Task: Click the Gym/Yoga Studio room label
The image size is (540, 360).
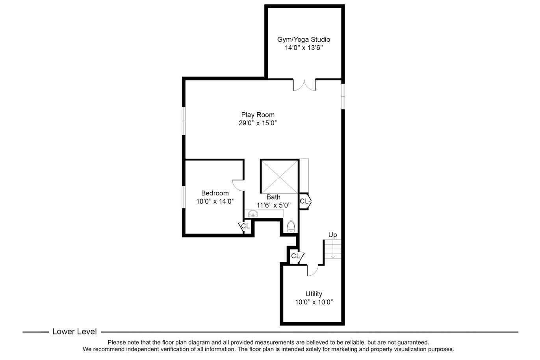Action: (304, 40)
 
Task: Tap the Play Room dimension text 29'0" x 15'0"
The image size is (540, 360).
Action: (258, 123)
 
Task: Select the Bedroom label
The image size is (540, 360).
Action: (215, 193)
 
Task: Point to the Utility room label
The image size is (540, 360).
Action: (314, 294)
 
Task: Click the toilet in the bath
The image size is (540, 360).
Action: (291, 226)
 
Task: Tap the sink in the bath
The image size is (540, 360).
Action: (253, 213)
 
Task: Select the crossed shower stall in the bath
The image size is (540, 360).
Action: (279, 177)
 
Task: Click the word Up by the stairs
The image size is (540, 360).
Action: (332, 235)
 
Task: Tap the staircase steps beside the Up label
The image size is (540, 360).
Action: (333, 249)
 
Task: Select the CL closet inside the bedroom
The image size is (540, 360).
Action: (245, 226)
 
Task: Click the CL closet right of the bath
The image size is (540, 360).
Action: (304, 201)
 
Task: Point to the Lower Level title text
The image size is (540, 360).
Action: (74, 332)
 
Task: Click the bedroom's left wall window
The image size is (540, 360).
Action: (184, 197)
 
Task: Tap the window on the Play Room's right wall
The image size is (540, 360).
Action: (343, 96)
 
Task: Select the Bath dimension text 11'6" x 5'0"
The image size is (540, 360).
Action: (274, 206)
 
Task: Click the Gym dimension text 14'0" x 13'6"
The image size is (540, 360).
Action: (304, 48)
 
